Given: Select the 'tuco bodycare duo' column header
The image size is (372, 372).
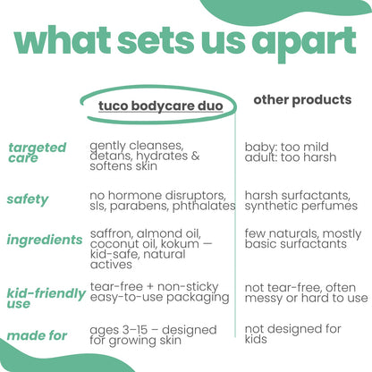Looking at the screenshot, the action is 161,106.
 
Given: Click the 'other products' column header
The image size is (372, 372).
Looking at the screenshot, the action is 302,100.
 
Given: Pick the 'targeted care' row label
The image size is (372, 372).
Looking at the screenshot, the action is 38,152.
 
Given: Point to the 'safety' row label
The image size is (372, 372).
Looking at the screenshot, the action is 28,199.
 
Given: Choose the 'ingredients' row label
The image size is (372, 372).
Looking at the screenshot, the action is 45,240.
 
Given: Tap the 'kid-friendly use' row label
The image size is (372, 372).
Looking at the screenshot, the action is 46,298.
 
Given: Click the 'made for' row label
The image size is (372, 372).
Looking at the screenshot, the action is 37,335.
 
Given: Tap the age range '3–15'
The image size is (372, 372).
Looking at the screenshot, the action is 135,330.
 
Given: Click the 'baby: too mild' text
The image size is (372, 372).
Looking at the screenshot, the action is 287,147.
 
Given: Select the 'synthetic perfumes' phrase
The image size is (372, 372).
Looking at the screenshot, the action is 301,206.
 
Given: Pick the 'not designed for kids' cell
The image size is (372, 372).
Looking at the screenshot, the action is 292,334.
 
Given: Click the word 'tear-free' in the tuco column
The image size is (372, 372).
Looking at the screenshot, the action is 116,287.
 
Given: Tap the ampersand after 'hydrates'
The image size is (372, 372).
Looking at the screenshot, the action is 196,156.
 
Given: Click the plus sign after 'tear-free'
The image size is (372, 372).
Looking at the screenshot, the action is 150,287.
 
